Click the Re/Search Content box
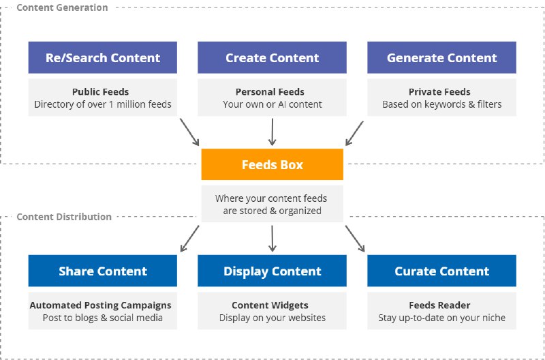103,58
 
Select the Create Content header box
272,58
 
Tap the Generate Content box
441,58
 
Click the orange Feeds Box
272,165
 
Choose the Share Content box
103,271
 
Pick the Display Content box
272,271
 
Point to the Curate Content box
441,271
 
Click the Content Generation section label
62,7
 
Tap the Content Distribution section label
64,217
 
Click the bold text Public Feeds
100,92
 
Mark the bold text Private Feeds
439,92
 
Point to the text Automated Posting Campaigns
100,305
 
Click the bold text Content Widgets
270,305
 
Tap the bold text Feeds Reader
439,305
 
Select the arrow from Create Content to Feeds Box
272,132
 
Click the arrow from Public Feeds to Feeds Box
189,132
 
